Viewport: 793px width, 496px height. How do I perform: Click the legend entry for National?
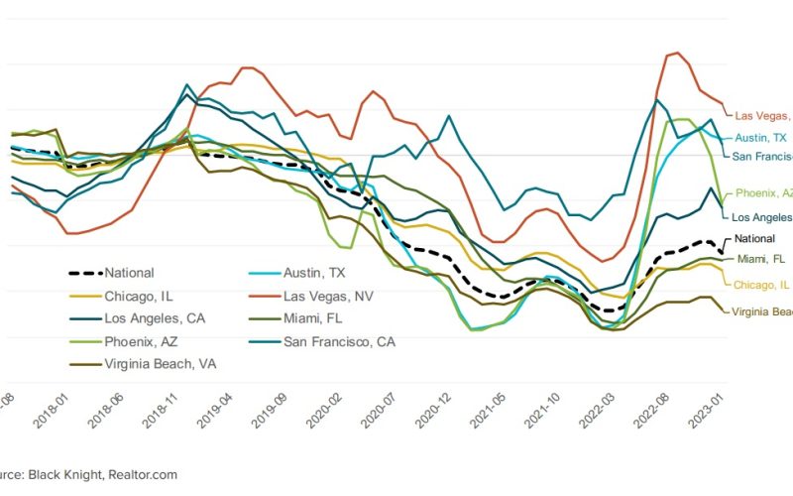(129, 273)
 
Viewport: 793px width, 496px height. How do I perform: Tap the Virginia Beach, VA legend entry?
(160, 364)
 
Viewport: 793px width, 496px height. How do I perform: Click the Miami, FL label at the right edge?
(761, 260)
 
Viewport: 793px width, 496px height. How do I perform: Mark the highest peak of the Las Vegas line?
(677, 53)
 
